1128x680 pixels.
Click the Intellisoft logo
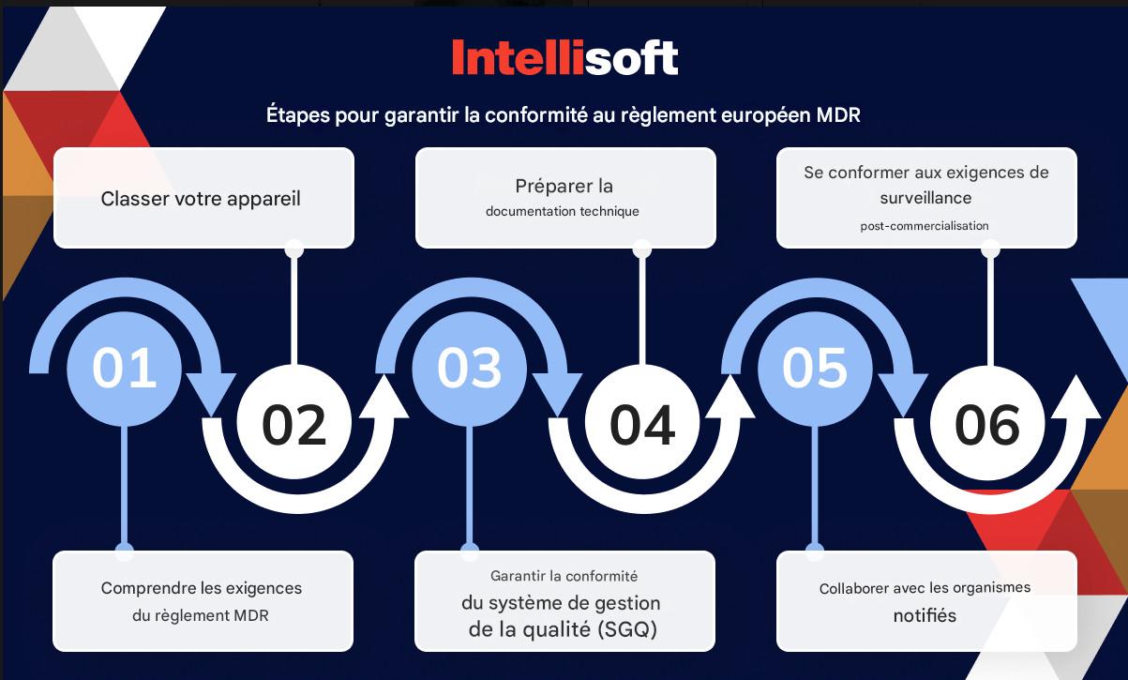coord(564,57)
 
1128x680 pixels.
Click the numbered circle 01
coord(125,368)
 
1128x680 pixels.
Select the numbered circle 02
coord(293,424)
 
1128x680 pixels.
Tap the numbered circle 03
coord(469,368)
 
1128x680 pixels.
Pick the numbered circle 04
coord(642,424)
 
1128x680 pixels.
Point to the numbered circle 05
coord(814,368)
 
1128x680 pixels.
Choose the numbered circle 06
coord(986,424)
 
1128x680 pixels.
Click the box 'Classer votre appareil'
coord(203,199)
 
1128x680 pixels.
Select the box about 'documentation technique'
coord(564,198)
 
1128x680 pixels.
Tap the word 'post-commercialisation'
coord(925,226)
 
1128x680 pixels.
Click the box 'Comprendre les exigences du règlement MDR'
coord(203,601)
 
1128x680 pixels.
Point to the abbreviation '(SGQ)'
coord(625,630)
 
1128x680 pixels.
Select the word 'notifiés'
coord(925,616)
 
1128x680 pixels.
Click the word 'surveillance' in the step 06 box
coord(925,198)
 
